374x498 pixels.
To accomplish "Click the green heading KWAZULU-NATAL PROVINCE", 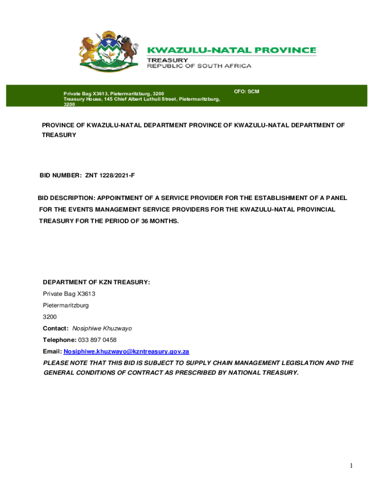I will click(x=232, y=50).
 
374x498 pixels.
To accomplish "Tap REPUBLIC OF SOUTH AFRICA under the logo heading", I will click(x=199, y=66).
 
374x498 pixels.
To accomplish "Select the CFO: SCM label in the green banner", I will click(x=246, y=91).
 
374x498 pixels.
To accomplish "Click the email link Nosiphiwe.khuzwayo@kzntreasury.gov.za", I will click(x=126, y=351).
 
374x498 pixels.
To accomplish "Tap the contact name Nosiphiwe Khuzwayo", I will click(x=102, y=328).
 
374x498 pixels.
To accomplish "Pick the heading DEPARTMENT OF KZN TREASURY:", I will click(x=96, y=282).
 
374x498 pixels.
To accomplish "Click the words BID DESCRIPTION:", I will click(x=67, y=198).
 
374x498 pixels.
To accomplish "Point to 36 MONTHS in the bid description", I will click(x=160, y=221).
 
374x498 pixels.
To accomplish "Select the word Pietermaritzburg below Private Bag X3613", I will click(x=66, y=305).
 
